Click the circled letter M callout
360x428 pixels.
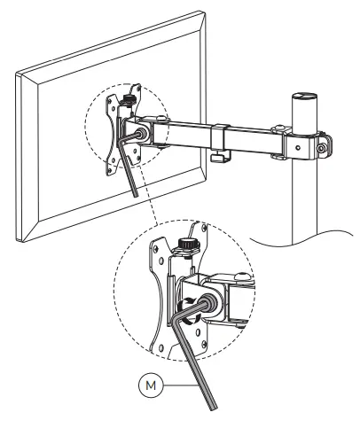[151, 385]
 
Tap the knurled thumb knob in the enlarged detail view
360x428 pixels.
[188, 244]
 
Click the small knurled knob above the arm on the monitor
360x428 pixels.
[128, 99]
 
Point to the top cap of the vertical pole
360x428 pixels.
[304, 97]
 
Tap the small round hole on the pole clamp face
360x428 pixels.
[298, 147]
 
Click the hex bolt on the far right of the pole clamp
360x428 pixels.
[321, 148]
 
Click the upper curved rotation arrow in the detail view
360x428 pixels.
[187, 301]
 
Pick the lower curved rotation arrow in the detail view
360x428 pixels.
[191, 320]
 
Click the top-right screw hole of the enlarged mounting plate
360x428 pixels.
[204, 228]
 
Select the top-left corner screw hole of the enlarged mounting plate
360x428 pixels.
[154, 248]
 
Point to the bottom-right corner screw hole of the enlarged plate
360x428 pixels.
[204, 343]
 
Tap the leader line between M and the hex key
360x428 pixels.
[181, 385]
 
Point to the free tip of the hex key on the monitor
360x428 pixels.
[136, 196]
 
